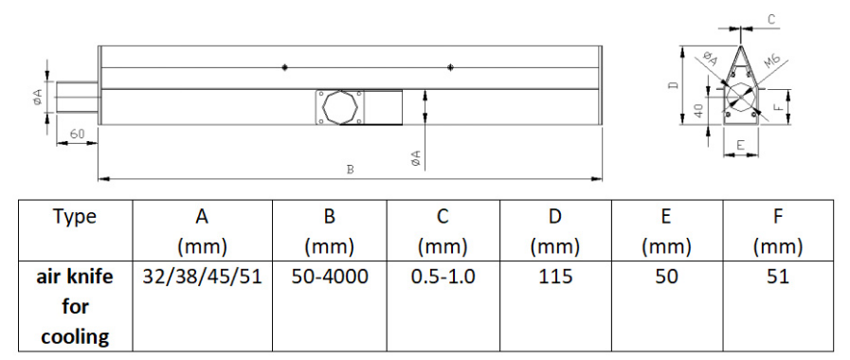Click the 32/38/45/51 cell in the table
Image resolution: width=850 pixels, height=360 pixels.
[x=202, y=277]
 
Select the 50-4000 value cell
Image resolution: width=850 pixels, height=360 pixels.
[x=330, y=277]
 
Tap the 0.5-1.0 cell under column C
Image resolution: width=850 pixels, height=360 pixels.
[x=443, y=277]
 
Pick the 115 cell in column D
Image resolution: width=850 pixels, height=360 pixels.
[x=555, y=277]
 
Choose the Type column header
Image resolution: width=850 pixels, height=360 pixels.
[x=76, y=217]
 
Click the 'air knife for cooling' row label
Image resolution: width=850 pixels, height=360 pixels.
[x=76, y=307]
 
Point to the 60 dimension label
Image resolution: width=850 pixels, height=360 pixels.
[x=77, y=134]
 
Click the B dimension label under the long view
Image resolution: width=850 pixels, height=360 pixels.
[x=351, y=170]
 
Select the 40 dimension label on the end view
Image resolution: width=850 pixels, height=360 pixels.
[x=698, y=111]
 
